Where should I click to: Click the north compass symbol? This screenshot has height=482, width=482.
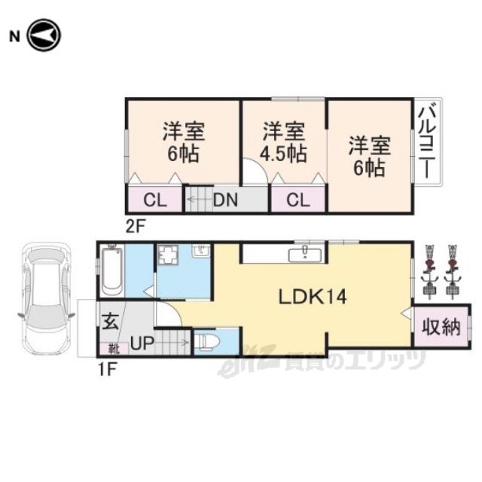tap(44, 35)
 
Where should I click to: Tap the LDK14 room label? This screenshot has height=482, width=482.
tap(313, 297)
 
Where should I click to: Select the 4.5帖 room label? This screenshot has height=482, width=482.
tap(283, 154)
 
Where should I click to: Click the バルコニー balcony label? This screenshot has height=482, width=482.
tap(428, 142)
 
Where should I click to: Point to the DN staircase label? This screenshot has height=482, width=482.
tap(226, 200)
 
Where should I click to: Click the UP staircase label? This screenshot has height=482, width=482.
tap(142, 343)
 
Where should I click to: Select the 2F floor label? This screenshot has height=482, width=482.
tap(135, 227)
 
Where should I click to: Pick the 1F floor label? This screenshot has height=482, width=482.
tap(106, 370)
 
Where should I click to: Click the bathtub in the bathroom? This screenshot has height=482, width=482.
tap(111, 271)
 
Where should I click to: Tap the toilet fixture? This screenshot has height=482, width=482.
tap(208, 342)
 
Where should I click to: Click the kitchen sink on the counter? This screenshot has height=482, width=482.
tap(305, 255)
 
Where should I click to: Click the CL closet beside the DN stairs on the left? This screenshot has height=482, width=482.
tap(155, 200)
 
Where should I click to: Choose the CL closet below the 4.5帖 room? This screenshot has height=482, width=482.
tap(298, 200)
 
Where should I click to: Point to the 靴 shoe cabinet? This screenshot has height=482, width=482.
tap(114, 349)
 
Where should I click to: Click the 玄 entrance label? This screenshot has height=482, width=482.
tap(110, 322)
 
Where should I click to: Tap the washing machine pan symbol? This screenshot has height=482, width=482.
tap(168, 255)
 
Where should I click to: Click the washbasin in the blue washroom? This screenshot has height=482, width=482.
tap(201, 251)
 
